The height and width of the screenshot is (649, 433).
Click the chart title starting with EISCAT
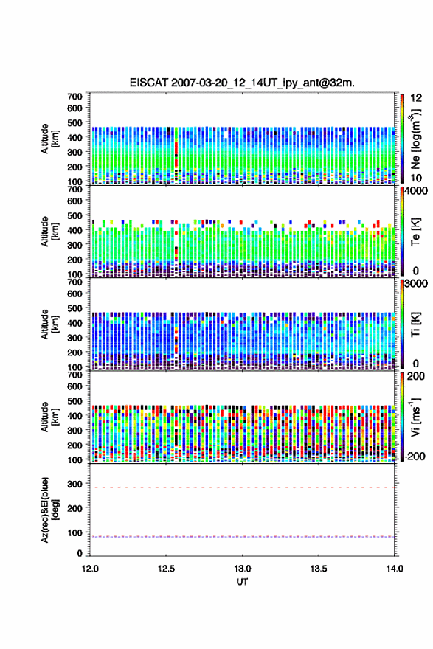click(x=242, y=83)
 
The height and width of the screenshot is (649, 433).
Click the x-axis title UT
click(x=242, y=582)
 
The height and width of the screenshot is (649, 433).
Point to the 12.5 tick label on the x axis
click(x=166, y=569)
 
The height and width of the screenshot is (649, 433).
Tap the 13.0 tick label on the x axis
click(x=242, y=569)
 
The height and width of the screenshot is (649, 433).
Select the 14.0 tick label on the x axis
click(x=395, y=569)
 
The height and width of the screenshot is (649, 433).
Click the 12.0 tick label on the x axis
click(x=90, y=569)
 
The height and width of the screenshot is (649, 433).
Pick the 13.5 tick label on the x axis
click(x=319, y=569)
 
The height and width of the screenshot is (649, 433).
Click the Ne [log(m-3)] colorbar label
click(x=416, y=139)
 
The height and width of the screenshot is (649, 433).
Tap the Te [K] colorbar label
click(x=415, y=232)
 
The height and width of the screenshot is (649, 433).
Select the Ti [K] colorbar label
click(x=415, y=324)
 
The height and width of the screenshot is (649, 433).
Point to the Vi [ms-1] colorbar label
click(x=416, y=416)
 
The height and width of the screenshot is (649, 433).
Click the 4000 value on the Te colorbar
click(x=416, y=191)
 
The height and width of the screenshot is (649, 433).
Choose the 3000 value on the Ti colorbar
click(x=416, y=283)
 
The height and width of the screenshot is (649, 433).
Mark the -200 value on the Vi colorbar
click(x=415, y=456)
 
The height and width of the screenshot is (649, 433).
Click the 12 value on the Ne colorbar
click(x=416, y=98)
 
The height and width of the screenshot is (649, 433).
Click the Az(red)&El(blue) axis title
click(x=49, y=510)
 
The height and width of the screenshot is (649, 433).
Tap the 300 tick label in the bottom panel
click(x=75, y=484)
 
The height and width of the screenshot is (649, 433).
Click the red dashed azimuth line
click(x=242, y=487)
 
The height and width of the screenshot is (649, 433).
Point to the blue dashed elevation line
click(x=242, y=537)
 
